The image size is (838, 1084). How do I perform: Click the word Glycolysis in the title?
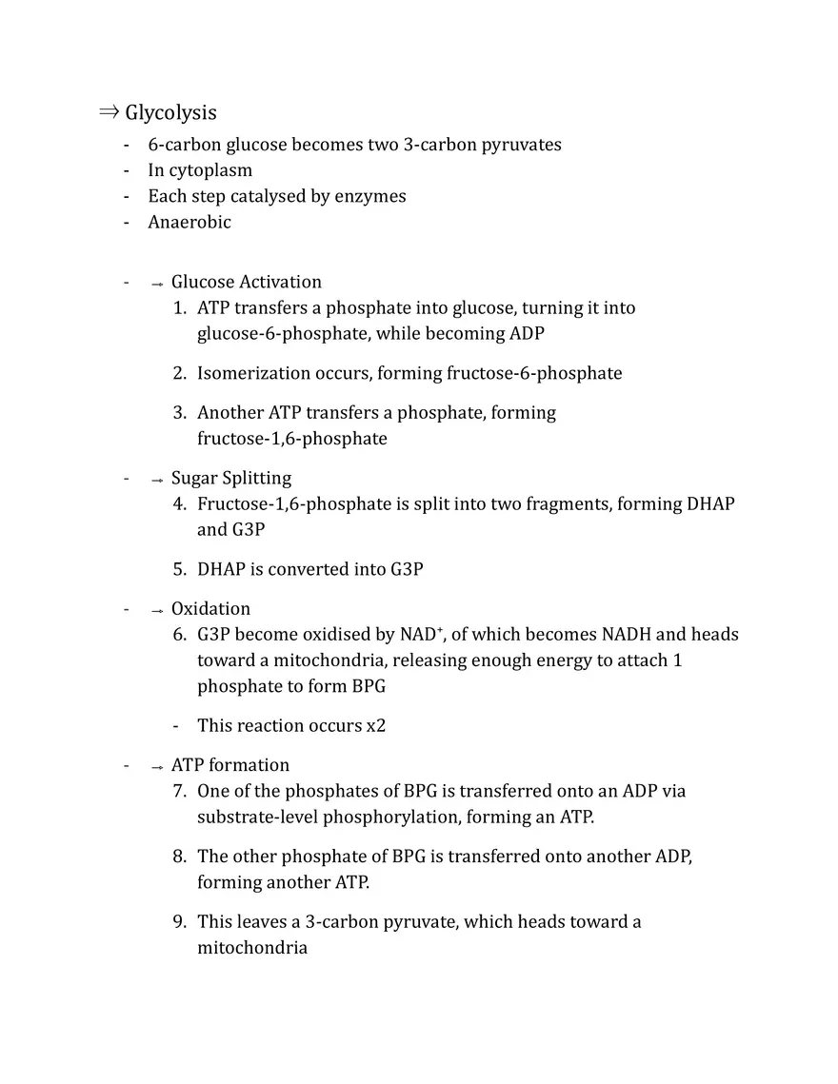(170, 113)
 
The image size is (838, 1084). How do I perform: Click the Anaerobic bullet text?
(189, 223)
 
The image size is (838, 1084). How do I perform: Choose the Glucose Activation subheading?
(246, 283)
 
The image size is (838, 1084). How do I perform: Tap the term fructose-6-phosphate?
(534, 374)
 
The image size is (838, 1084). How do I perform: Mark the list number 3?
(178, 413)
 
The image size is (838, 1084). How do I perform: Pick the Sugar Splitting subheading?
(230, 479)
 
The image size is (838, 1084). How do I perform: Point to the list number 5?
(178, 570)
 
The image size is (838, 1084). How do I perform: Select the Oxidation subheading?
(210, 609)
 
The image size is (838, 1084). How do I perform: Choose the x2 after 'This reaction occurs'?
(376, 726)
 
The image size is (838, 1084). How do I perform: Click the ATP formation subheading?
(229, 766)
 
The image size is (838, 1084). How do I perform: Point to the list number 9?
(178, 922)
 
